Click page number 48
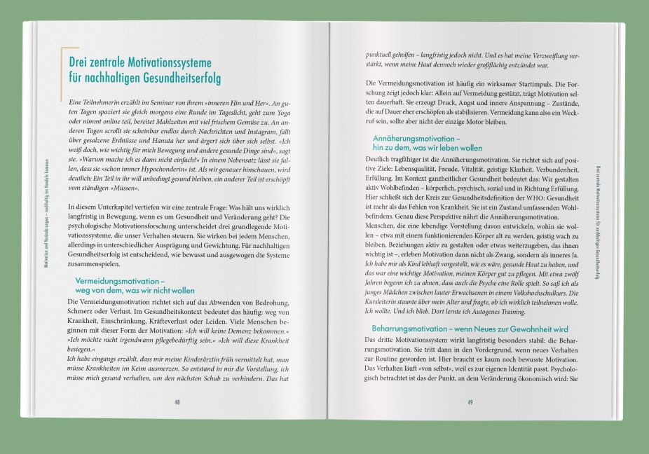[x=177, y=401]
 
